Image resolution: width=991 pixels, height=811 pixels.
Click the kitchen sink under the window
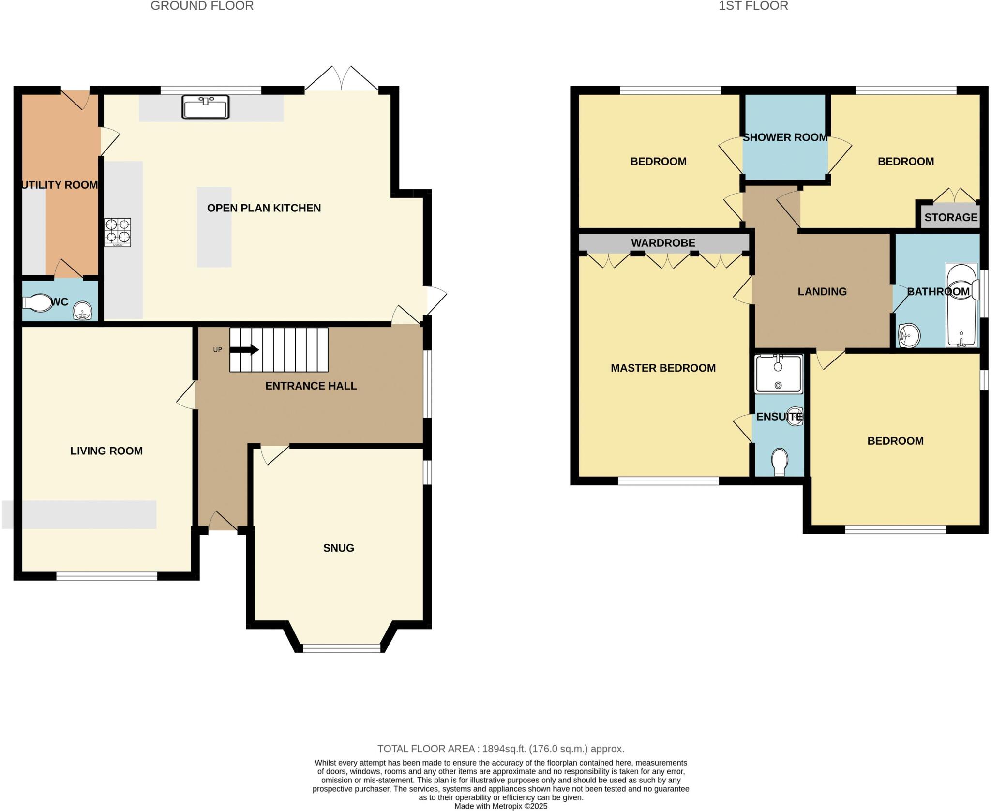point(205,107)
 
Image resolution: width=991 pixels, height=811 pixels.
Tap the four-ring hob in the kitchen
point(118,232)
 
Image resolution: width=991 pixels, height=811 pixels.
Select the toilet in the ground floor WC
point(38,303)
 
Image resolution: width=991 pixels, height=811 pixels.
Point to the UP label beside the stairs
point(218,349)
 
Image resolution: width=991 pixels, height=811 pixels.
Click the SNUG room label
point(339,548)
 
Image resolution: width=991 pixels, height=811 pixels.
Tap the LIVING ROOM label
point(106,451)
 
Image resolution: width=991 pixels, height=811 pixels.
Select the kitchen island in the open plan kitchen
point(214,227)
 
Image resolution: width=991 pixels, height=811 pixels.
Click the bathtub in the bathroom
point(961,305)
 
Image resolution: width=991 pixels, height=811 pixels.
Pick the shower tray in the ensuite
point(778,374)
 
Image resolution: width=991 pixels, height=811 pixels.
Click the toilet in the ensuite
point(779,462)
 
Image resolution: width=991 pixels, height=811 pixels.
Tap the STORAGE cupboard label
point(951,217)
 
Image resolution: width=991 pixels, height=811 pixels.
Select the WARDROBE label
point(663,243)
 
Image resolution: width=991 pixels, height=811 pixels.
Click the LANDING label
point(822,291)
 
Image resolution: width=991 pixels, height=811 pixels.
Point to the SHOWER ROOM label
point(785,137)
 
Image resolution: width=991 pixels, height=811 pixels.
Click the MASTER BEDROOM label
point(663,368)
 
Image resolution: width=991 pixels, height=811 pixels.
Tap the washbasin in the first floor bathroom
point(909,335)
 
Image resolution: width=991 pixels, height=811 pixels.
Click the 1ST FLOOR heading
point(753,6)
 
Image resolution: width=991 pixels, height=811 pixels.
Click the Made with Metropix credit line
point(501,806)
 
